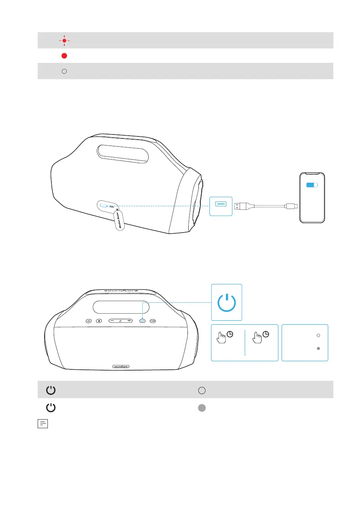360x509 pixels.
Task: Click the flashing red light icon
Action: click(64, 40)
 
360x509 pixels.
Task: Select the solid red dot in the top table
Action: click(65, 56)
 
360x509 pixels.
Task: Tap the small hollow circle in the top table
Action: click(65, 71)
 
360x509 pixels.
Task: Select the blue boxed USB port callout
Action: click(221, 206)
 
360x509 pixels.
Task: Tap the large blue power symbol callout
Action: click(227, 302)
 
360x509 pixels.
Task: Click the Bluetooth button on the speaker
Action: click(100, 320)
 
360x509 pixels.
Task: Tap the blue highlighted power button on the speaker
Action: click(143, 320)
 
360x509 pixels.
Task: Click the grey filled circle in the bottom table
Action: click(202, 407)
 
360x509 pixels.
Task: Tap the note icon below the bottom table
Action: click(43, 424)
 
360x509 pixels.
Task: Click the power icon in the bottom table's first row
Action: click(51, 390)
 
